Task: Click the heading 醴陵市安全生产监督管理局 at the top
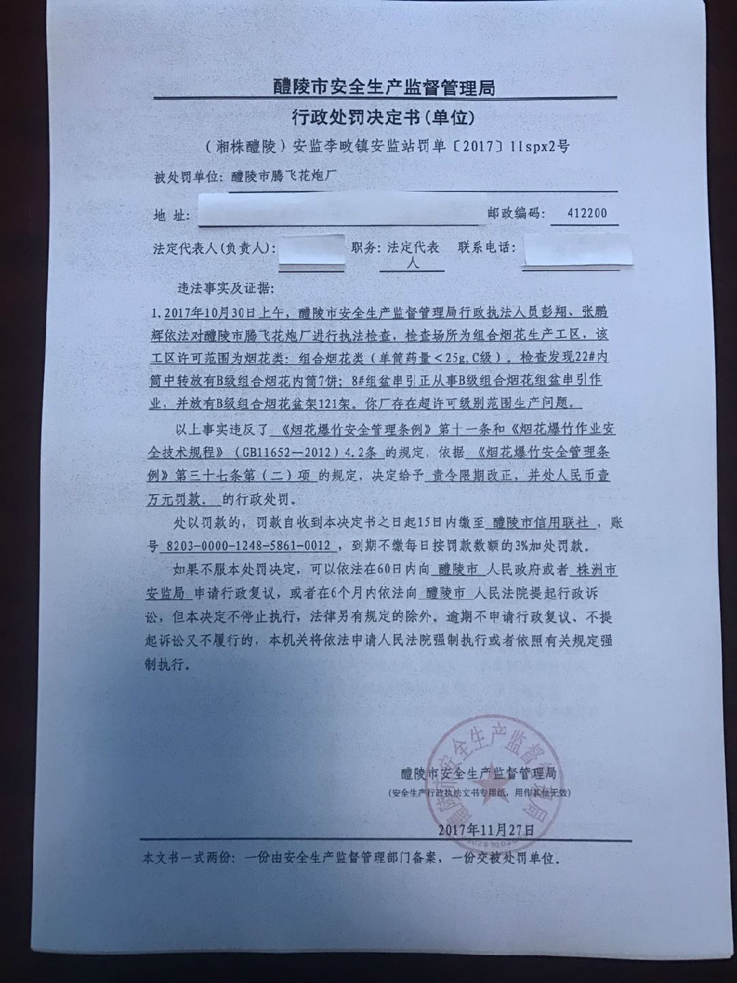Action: [x=384, y=88]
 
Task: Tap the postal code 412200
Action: [x=586, y=213]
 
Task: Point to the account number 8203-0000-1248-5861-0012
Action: [x=249, y=546]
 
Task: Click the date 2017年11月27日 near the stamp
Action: [x=487, y=830]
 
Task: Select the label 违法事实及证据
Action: [x=226, y=288]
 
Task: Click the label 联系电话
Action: [x=487, y=247]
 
